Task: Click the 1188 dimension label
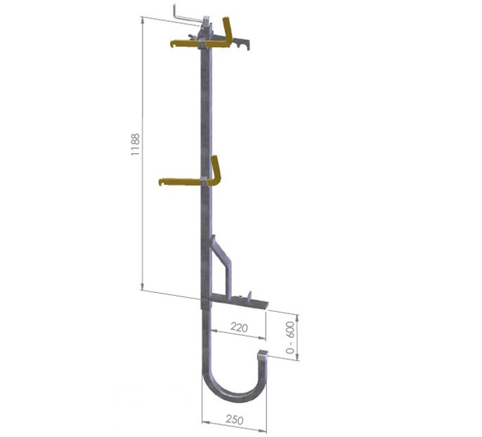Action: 135,144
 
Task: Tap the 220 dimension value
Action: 239,328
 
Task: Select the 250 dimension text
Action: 235,419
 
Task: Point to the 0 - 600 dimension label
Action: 290,337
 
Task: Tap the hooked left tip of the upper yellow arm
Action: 173,44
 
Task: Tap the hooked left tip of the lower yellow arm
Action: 162,182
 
